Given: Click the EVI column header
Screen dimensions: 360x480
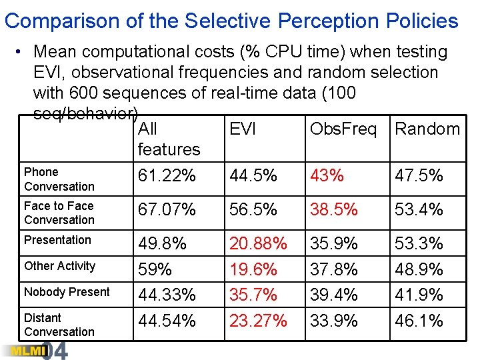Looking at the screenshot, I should [x=243, y=129].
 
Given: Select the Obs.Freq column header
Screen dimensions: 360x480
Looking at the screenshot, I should [x=343, y=129].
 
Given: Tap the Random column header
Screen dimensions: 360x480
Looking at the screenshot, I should [x=427, y=129].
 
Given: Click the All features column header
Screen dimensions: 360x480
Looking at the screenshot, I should [x=169, y=139].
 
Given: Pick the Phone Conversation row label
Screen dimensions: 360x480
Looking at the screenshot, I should [x=59, y=179].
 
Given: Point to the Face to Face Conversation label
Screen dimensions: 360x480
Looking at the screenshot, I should [x=59, y=213].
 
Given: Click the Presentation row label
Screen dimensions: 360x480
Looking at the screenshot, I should [x=57, y=240].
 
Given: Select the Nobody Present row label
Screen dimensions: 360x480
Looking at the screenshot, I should [x=67, y=292].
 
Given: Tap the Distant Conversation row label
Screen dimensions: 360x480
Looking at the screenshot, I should [x=59, y=325].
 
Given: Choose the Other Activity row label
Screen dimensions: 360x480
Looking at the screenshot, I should [x=60, y=266].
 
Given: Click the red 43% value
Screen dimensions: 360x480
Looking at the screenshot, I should [x=327, y=176].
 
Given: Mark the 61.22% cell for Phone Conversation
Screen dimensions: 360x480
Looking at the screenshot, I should [x=167, y=176].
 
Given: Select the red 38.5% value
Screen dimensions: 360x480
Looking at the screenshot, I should [x=334, y=210].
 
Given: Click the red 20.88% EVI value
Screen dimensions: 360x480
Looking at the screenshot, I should [x=258, y=244].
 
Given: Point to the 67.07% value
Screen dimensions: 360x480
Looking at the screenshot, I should [x=167, y=210].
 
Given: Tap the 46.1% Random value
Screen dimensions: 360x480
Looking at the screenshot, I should [x=419, y=321].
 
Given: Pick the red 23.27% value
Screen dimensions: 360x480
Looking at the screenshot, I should [x=258, y=321].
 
